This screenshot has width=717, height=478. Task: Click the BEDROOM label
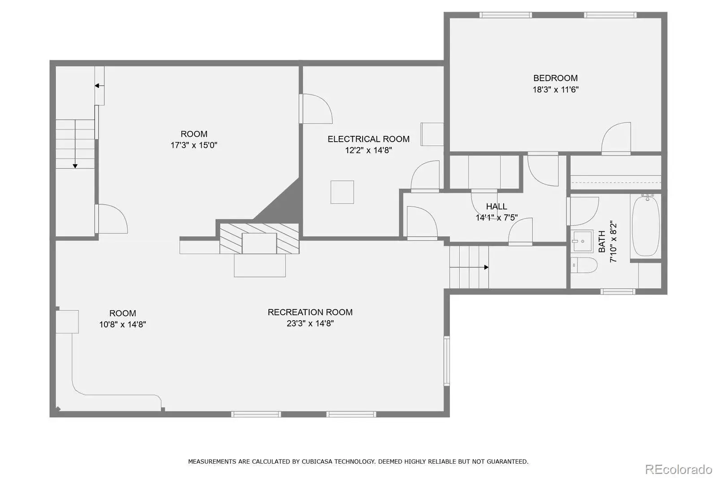click(x=555, y=78)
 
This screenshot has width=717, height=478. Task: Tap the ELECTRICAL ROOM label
click(x=368, y=139)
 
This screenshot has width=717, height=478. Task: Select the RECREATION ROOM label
click(x=310, y=312)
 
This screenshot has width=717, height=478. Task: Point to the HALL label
click(x=497, y=206)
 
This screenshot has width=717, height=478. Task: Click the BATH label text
click(x=602, y=242)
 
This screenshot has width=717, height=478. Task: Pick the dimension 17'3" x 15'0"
click(x=194, y=145)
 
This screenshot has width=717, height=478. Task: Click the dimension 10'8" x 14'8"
click(x=123, y=325)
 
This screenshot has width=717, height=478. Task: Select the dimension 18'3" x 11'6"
click(x=555, y=90)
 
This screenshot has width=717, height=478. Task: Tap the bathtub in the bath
click(x=646, y=226)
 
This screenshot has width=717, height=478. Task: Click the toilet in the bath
click(x=583, y=265)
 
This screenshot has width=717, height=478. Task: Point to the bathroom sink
click(x=583, y=241)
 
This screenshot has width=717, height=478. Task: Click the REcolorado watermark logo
click(x=678, y=469)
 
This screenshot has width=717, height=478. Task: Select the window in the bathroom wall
click(x=618, y=291)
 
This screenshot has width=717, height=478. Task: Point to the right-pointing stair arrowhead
click(x=486, y=267)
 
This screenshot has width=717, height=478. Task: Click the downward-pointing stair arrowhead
click(x=75, y=166)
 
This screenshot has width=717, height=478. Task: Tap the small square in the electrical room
click(x=342, y=192)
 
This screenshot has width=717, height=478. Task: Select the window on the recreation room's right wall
click(x=446, y=361)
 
